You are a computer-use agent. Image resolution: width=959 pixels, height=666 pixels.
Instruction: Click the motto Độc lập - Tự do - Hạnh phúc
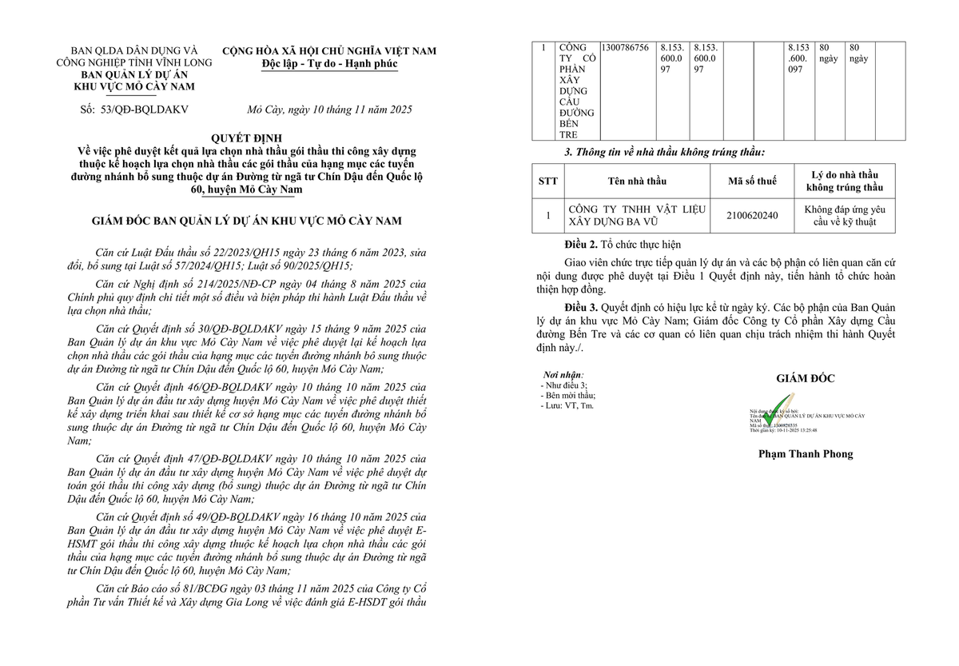(x=329, y=64)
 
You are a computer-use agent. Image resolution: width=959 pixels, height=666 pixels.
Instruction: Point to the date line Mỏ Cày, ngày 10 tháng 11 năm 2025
(x=329, y=109)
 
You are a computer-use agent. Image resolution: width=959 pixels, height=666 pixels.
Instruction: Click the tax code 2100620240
(x=752, y=215)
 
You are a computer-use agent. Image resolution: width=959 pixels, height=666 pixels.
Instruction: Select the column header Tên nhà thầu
(x=637, y=181)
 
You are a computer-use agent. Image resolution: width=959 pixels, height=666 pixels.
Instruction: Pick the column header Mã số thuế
(x=752, y=181)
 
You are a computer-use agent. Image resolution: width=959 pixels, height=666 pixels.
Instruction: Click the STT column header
(x=548, y=181)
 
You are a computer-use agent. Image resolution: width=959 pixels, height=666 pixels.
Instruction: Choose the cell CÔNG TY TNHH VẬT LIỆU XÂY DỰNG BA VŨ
(x=637, y=215)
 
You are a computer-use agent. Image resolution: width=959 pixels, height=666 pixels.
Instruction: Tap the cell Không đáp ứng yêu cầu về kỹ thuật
(x=845, y=215)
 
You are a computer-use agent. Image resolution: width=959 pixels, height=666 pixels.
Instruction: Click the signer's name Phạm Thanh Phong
(x=806, y=454)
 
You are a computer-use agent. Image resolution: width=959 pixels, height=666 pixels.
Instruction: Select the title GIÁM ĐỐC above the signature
(x=806, y=379)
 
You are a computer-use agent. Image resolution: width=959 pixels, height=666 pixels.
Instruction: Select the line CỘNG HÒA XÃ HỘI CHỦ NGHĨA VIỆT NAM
(x=329, y=51)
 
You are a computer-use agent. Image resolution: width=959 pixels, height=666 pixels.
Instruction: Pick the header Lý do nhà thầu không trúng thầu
(x=845, y=181)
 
